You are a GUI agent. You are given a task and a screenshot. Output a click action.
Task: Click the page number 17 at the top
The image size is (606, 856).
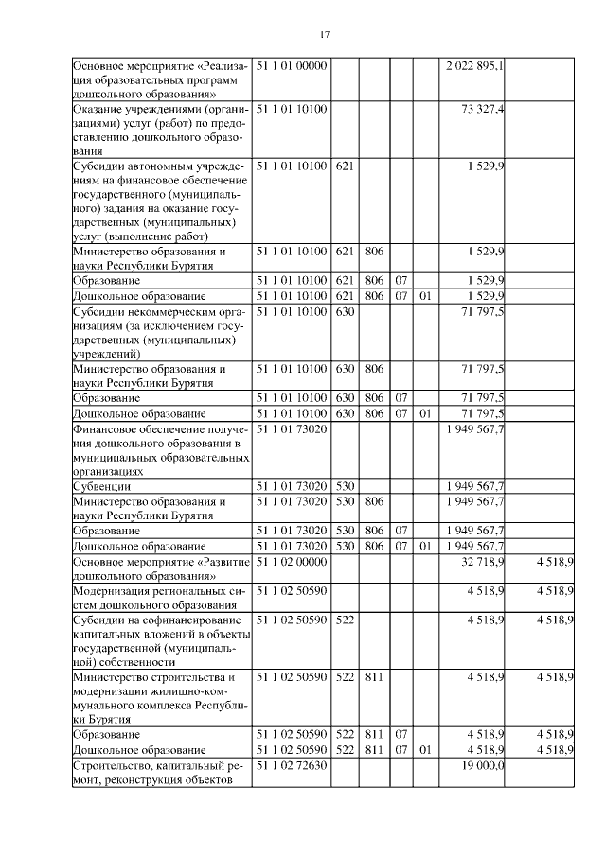coord(324,35)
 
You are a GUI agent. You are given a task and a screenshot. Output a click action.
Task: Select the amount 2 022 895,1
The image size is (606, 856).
coord(474,66)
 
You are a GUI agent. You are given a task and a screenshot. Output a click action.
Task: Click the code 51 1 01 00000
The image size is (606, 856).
coord(291,66)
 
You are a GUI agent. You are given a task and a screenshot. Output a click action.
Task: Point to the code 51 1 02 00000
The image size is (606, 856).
coord(291,562)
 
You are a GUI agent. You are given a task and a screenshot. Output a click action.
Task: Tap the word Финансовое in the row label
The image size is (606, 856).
coord(107,428)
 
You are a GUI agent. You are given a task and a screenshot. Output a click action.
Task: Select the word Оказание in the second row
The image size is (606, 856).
coord(99,110)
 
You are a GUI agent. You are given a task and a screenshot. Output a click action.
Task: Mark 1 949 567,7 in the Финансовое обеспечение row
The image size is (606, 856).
coord(474,428)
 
